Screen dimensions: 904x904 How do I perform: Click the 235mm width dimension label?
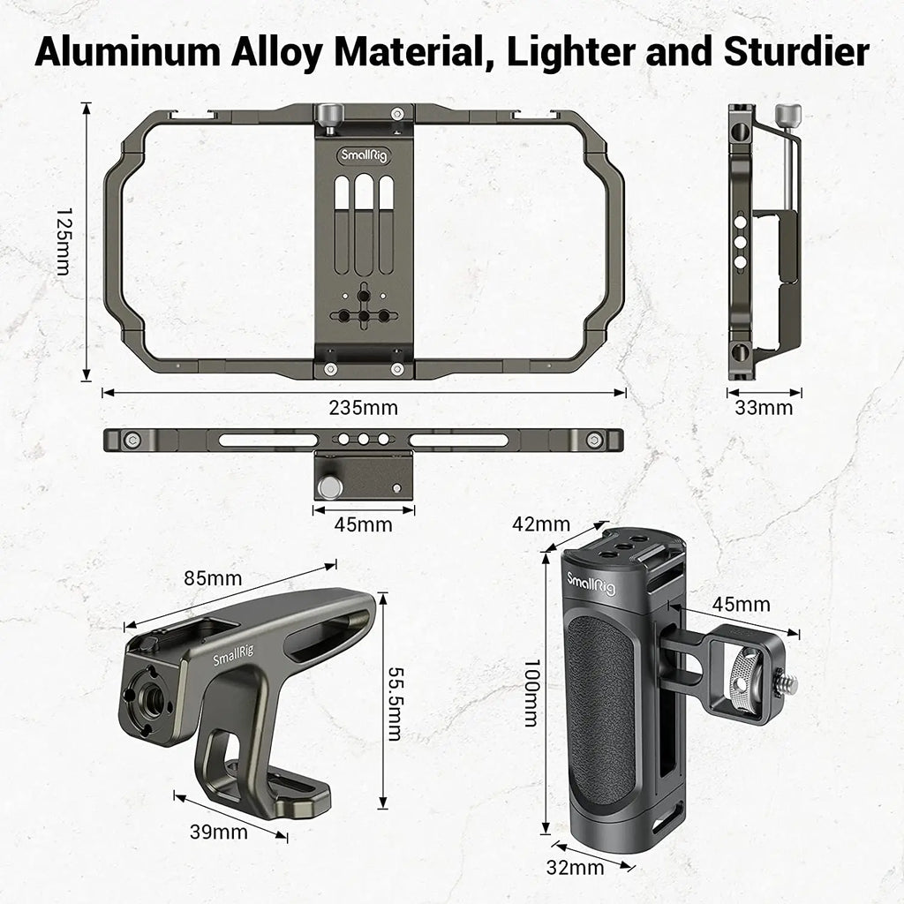364,408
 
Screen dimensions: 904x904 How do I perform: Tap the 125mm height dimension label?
64,242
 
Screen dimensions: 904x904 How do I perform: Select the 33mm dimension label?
764,408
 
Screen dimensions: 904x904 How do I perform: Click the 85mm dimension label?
213,579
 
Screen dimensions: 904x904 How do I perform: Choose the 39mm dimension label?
218,831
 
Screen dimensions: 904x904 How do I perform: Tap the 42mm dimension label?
541,524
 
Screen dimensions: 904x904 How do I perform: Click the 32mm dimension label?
576,867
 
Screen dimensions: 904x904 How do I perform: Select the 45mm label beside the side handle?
742,605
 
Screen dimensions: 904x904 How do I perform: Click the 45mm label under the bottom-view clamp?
363,524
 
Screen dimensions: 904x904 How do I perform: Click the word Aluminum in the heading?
125,52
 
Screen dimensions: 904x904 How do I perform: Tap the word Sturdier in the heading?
795,52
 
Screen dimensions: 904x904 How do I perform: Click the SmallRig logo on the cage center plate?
363,156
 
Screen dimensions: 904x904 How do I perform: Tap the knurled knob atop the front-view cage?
330,115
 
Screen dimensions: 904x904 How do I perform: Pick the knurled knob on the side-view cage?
787,115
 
